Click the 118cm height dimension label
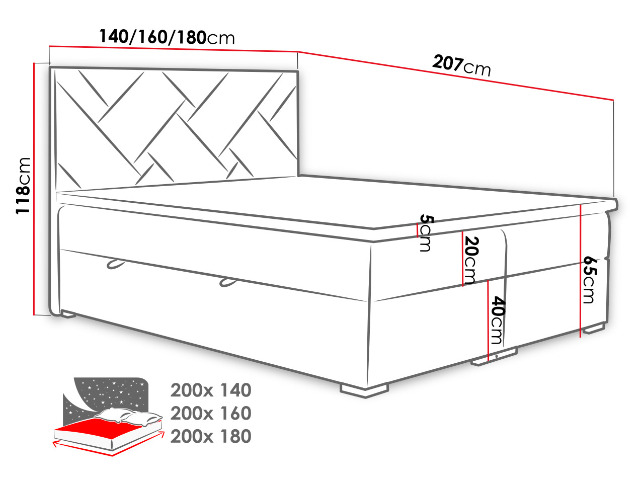coord(23,186)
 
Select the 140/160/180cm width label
coord(167,37)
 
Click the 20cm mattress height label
coord(471,260)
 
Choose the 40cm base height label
coord(499,320)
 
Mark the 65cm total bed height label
coord(590,280)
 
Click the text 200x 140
coord(211,390)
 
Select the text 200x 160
coord(211,413)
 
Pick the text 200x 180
coord(211,436)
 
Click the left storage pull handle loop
coord(115,264)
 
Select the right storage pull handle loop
coord(228,282)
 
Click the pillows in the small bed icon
coord(128,417)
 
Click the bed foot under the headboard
coord(68,314)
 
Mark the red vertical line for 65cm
coord(580,271)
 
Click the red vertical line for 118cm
coord(34,189)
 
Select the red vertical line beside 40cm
coord(488,320)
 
